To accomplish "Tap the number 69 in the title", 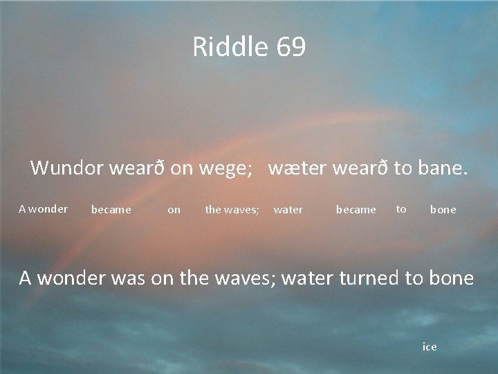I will pos(290,47).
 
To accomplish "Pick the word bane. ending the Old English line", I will pos(442,168).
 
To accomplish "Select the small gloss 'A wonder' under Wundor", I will pos(43,208).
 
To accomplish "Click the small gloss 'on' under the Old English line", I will pos(174,209).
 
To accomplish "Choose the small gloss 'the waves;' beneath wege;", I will pos(232,209).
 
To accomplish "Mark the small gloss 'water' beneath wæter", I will pos(288,209).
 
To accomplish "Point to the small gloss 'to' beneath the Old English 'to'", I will pos(401,208).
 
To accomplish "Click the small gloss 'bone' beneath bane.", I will pos(443,209).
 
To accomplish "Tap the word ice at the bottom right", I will pos(430,346).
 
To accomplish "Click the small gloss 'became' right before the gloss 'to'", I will pos(356,209).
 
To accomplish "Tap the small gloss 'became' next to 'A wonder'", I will pos(111,209).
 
